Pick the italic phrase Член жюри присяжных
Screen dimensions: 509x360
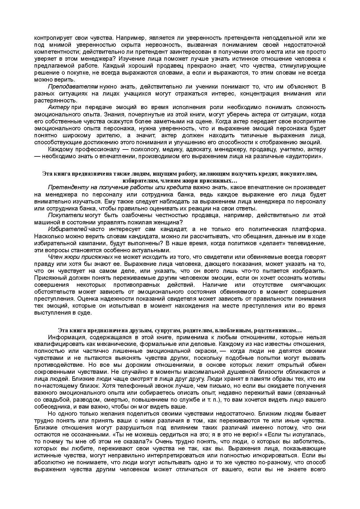80,257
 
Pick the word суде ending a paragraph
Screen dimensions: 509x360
85,313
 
